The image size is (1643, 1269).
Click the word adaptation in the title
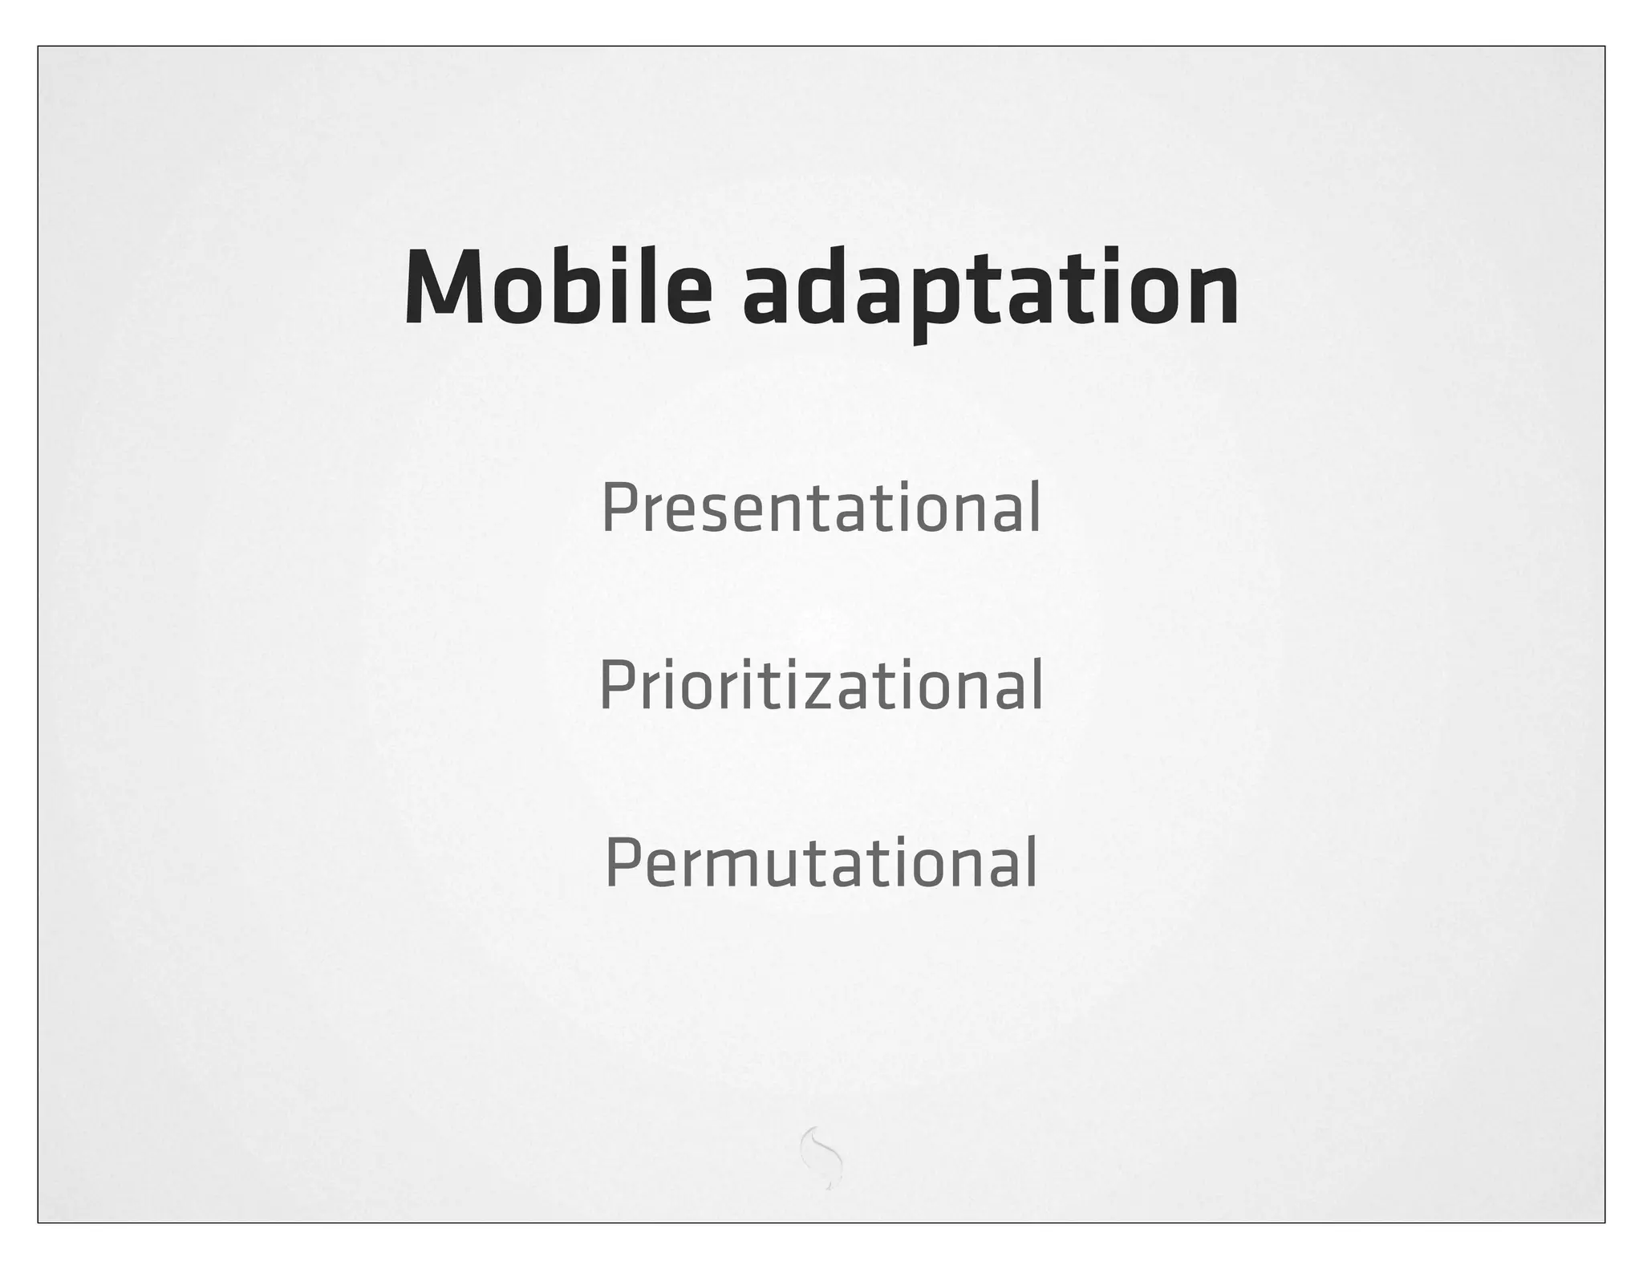990,289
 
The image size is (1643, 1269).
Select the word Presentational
821,508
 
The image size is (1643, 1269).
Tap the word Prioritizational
821,685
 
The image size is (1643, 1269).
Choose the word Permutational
821,863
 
